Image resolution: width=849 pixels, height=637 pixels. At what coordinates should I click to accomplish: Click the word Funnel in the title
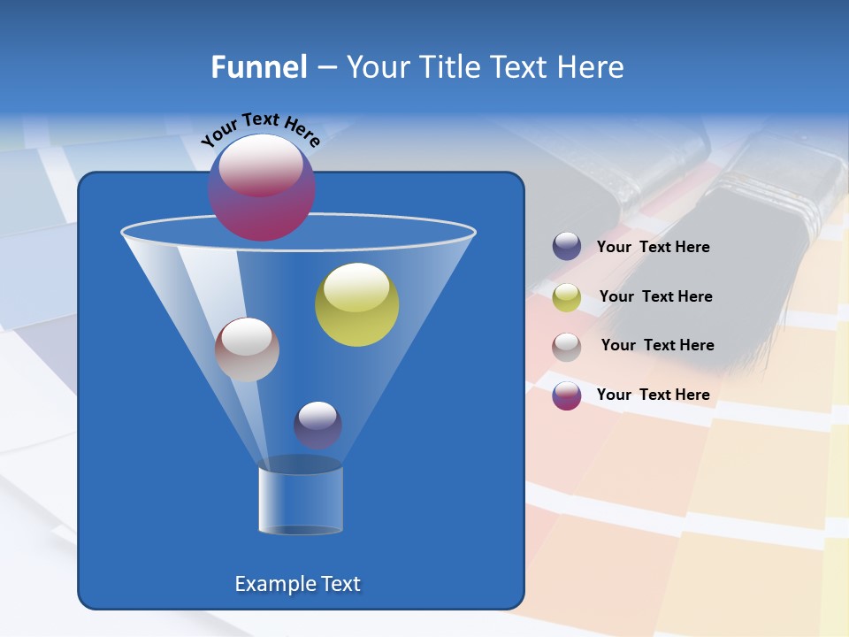pos(258,67)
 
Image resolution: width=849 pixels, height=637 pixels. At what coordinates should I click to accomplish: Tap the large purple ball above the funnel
pos(262,188)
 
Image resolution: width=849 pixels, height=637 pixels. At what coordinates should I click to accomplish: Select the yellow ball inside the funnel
pos(356,304)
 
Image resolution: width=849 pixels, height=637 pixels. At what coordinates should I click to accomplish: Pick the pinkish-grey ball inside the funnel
pos(247,349)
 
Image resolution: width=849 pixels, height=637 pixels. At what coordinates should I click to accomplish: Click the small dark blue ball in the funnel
pos(317,425)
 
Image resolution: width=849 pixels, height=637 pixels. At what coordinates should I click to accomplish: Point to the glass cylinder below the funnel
pos(301,500)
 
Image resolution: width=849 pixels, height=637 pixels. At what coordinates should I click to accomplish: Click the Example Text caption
pos(297,584)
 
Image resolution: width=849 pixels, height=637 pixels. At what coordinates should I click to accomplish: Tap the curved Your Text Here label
pos(260,129)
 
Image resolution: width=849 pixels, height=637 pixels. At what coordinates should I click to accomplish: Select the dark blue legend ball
pos(567,247)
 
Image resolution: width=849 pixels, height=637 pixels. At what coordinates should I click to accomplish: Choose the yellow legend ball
pos(567,297)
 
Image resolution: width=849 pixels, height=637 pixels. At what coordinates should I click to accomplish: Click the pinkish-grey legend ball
pos(567,346)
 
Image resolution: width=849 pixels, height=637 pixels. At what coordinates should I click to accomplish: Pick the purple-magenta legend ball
pos(567,395)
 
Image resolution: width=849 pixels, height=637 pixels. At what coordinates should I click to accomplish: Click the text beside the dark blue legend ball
pos(653,248)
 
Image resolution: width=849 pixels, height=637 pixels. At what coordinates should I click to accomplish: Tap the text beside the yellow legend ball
pos(655,297)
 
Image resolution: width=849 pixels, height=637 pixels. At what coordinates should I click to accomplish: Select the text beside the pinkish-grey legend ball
pos(657,346)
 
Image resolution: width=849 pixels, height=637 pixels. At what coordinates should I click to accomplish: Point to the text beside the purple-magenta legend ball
pos(653,395)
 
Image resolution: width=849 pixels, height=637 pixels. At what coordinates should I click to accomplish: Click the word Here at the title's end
pos(593,67)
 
